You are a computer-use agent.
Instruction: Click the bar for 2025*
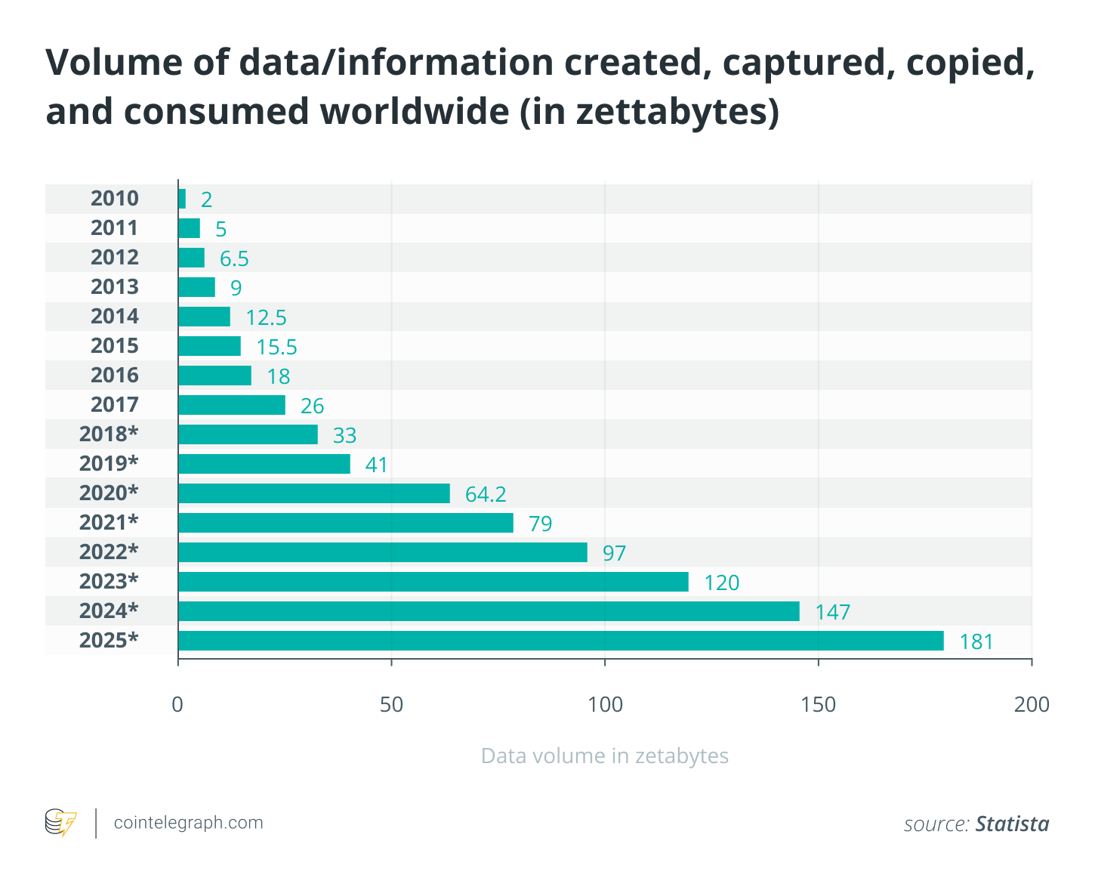click(560, 641)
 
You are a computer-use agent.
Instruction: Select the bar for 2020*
click(313, 493)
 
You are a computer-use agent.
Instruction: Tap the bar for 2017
click(231, 405)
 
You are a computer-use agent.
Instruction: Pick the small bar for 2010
click(182, 199)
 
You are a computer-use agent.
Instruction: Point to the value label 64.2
click(486, 494)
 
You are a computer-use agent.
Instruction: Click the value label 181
click(976, 642)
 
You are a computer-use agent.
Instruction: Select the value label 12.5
click(266, 317)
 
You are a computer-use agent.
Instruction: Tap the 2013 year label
click(115, 287)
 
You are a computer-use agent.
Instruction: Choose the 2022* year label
click(109, 552)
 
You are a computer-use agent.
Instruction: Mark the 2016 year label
click(115, 376)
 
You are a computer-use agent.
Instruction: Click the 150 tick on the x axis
click(819, 704)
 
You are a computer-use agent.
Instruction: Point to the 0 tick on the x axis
click(178, 704)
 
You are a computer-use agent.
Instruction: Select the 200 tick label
click(1032, 704)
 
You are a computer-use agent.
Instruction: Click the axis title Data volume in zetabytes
click(604, 756)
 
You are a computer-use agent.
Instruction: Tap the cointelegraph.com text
click(188, 823)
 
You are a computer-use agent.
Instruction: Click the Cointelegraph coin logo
click(60, 823)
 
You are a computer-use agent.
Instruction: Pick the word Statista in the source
click(1012, 824)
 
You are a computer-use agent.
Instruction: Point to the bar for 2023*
click(433, 582)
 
